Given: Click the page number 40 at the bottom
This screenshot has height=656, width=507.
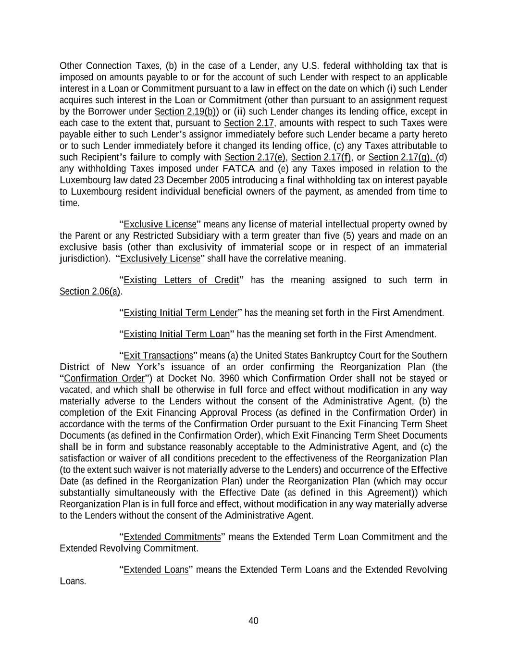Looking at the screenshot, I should pos(253,621).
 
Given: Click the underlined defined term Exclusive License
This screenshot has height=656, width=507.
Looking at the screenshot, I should pos(160,224).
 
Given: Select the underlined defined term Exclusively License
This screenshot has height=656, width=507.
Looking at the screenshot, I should pos(160,259).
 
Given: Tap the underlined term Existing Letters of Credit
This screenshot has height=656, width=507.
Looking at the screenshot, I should pos(181,280).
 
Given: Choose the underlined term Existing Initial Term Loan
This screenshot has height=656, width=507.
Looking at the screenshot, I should pos(176,334).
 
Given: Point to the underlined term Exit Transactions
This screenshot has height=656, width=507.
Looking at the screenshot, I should pos(158,356).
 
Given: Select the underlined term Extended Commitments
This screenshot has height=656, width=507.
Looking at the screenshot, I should pos(172,537).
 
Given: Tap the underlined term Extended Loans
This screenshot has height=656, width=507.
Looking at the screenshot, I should pos(156,570).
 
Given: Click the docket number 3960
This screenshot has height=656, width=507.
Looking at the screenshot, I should pos(229,378).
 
